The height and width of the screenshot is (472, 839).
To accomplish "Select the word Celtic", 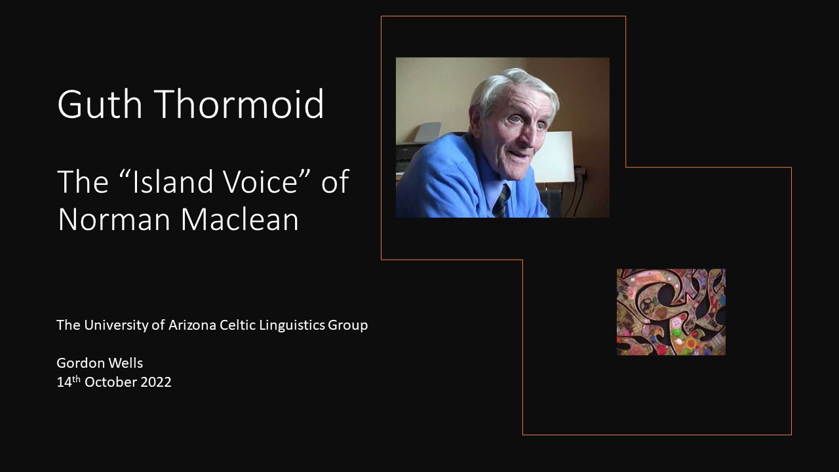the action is (x=237, y=324).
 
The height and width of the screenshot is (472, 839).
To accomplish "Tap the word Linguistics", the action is (x=292, y=325).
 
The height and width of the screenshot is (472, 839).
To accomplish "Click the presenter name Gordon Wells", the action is (x=100, y=363).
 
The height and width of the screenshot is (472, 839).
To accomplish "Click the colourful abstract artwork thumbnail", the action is (x=671, y=311).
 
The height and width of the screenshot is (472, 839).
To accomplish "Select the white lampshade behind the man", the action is (x=553, y=157).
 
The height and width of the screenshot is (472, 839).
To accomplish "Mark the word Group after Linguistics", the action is (x=348, y=325).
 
